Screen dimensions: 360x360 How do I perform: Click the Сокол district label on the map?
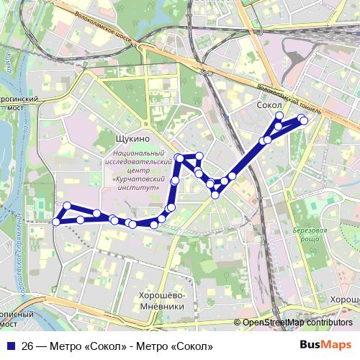click(x=269, y=105)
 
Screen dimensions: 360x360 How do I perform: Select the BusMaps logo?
click(x=326, y=345)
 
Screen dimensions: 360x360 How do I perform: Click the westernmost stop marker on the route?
click(x=56, y=222)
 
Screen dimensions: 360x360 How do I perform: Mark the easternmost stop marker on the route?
click(x=304, y=121)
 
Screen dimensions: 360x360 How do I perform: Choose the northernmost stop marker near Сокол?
click(x=279, y=116)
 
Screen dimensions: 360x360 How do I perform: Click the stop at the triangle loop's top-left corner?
click(x=179, y=157)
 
